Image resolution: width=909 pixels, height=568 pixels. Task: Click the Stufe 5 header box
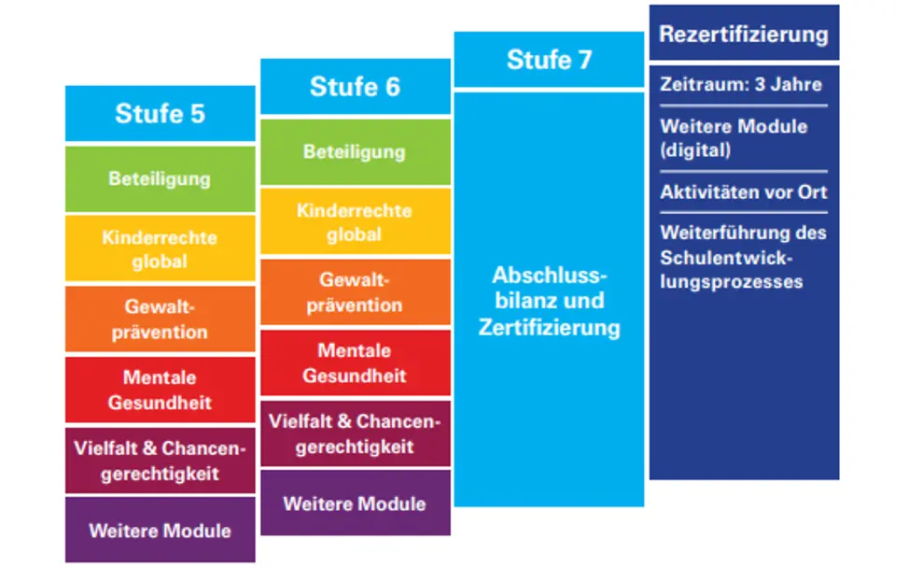[x=160, y=114]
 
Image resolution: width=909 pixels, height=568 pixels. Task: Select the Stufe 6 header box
[x=355, y=87]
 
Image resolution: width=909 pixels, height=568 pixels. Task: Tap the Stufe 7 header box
[x=549, y=60]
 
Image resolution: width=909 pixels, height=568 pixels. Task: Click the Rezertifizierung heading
[x=744, y=35]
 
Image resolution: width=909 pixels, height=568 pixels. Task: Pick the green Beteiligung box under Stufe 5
[x=160, y=178]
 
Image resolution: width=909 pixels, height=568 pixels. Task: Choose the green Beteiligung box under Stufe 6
[x=355, y=151]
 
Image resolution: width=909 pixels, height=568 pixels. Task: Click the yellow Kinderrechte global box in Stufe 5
[x=160, y=249]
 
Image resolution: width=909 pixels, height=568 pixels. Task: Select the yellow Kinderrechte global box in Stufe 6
[x=355, y=222]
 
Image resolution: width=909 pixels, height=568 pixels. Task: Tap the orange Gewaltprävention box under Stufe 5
[x=160, y=319]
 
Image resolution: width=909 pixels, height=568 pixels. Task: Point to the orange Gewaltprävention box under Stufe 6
[x=355, y=292]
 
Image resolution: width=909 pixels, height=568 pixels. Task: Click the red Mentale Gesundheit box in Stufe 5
[x=160, y=390]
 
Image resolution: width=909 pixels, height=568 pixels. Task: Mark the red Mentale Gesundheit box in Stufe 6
[x=355, y=362]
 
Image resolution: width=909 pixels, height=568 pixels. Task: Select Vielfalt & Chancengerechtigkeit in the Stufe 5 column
[x=160, y=461]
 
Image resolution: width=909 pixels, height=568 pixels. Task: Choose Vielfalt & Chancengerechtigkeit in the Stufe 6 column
[x=355, y=433]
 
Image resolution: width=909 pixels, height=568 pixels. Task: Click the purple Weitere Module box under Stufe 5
[x=160, y=531]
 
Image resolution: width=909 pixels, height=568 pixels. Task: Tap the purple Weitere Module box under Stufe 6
[x=355, y=504]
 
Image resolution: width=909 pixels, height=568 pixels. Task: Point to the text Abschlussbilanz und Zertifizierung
[x=549, y=302]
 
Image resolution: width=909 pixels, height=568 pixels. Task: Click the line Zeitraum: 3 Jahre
[x=741, y=84]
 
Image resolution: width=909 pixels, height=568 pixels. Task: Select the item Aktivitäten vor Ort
[x=743, y=192]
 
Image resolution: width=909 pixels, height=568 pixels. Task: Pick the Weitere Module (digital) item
[x=734, y=138]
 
